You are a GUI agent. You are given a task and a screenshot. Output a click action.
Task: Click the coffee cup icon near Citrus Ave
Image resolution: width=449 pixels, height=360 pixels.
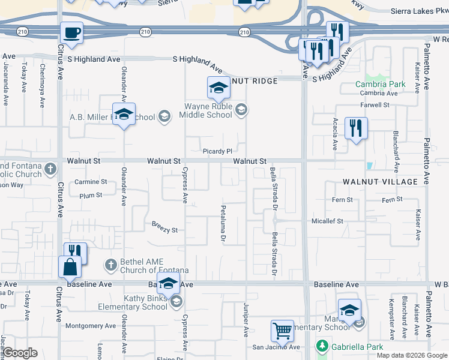tap(71, 32)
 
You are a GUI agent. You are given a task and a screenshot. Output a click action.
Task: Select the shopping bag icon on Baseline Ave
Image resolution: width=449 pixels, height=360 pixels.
tap(70, 267)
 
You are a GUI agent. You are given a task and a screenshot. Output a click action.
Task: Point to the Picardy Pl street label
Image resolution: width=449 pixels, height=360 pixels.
tap(217, 152)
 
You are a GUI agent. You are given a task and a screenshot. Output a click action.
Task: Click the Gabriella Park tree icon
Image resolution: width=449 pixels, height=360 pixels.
tap(322, 346)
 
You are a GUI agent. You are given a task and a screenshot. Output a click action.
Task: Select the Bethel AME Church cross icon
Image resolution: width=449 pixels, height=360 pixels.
tap(110, 264)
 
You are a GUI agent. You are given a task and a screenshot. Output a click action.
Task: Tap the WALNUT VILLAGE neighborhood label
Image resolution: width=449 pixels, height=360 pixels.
tap(380, 181)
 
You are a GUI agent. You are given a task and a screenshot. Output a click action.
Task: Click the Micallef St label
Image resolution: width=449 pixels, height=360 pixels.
tap(327, 221)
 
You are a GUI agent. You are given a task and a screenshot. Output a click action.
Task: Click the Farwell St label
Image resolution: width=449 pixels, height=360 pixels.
tap(375, 105)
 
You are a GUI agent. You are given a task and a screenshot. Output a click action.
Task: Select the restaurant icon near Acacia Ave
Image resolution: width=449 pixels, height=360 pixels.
tap(356, 128)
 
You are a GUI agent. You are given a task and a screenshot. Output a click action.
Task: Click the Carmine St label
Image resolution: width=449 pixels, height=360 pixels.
tap(90, 182)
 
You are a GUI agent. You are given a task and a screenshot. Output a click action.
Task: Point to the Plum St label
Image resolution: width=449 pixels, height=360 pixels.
tap(91, 195)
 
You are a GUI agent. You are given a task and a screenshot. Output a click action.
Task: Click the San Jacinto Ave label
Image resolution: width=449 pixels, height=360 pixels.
tap(276, 347)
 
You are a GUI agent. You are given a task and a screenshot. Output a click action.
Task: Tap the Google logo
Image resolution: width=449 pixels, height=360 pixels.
tap(20, 353)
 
